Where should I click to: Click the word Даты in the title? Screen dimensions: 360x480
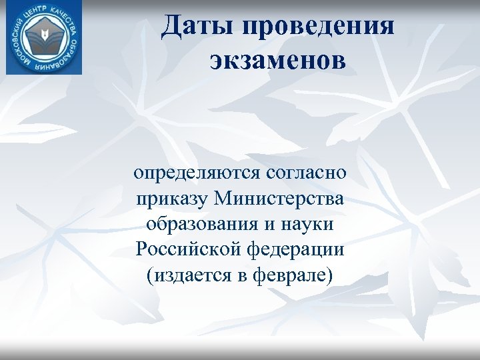[x=198, y=27]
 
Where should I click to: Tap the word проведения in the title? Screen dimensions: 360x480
[x=320, y=28]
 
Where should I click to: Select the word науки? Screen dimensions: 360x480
[x=309, y=224]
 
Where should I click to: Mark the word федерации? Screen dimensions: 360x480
[x=300, y=249]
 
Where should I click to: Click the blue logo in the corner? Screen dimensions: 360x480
[x=44, y=37]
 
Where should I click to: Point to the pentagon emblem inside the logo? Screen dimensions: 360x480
[x=44, y=37]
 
